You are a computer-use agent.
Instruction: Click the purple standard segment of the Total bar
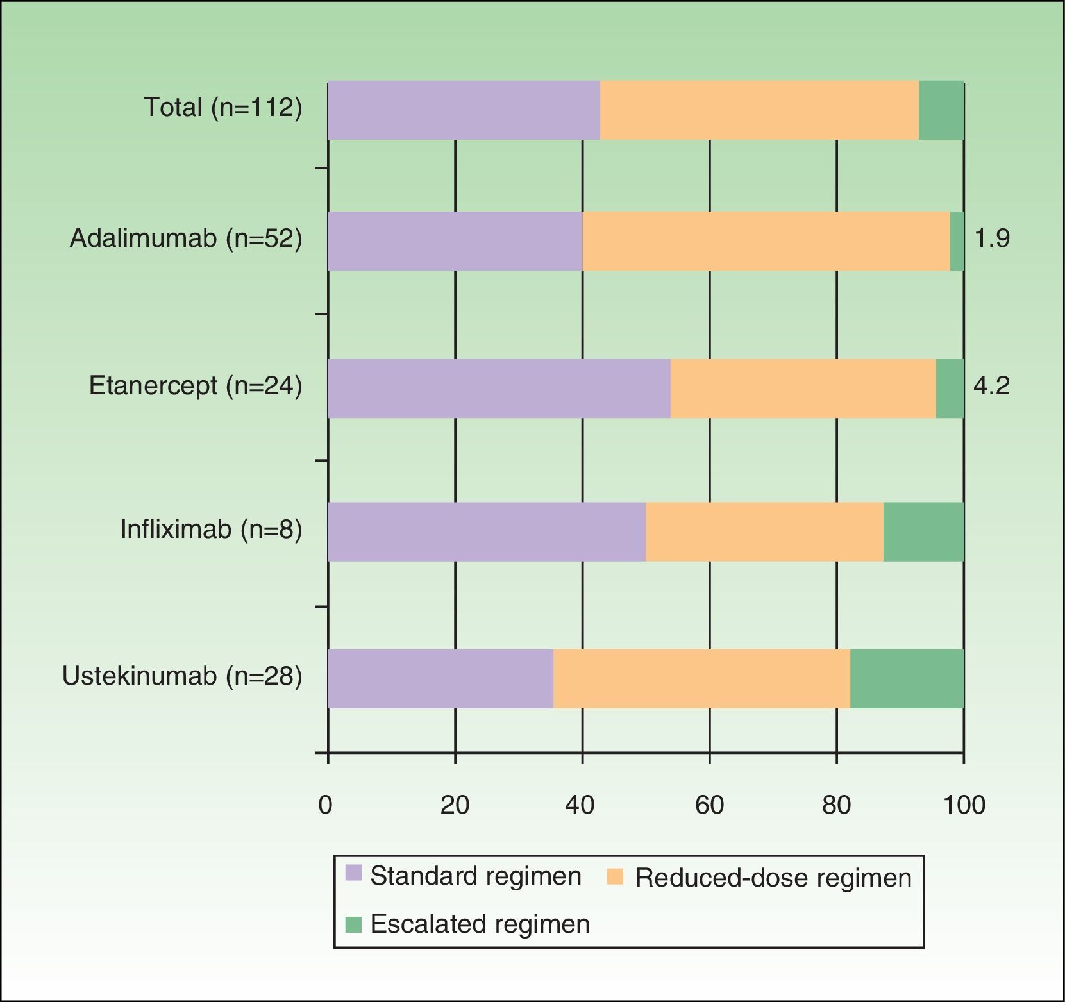click(x=464, y=110)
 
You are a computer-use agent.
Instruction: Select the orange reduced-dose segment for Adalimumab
click(x=766, y=241)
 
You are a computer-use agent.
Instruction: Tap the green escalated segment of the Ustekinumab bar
click(x=907, y=679)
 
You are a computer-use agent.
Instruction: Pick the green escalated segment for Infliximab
click(x=923, y=532)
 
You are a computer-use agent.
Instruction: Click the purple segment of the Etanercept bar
click(x=499, y=388)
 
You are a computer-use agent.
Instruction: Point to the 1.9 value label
click(x=992, y=238)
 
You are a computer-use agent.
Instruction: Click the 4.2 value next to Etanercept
click(x=991, y=386)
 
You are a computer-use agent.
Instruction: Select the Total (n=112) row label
click(x=222, y=107)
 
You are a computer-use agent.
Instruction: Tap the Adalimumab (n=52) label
click(x=186, y=238)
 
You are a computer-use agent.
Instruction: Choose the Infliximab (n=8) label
click(x=211, y=530)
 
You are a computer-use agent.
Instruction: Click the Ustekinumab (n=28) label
click(x=182, y=676)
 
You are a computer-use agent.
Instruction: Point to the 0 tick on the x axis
click(x=326, y=805)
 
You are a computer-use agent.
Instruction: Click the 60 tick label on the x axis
click(x=709, y=805)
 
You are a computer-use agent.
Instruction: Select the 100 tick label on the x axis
click(x=964, y=805)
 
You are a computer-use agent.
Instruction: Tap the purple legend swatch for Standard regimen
click(x=353, y=873)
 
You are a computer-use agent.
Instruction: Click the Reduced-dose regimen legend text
click(x=773, y=878)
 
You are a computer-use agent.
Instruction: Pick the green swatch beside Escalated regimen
click(x=353, y=924)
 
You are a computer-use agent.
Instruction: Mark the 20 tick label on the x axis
click(x=455, y=805)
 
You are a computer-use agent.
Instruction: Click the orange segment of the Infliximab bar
click(x=764, y=532)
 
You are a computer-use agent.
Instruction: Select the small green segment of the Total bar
click(x=941, y=110)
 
